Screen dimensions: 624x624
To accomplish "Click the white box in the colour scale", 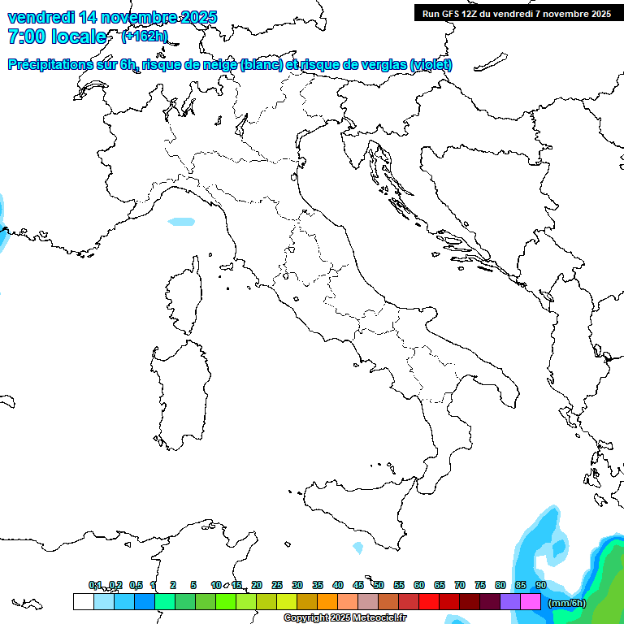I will (83, 601).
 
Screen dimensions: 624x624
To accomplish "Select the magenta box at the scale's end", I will (531, 601).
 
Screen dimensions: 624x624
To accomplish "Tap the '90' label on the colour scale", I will (541, 585).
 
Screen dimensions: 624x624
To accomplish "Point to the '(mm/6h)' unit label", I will (567, 603).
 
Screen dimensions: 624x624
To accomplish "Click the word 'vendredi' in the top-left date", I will (41, 17).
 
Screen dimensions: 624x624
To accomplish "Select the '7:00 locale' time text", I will (57, 37).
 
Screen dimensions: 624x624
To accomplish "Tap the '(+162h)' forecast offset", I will (145, 36).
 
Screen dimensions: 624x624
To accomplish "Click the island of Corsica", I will (186, 296).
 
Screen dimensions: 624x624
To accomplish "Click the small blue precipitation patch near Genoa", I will (181, 221).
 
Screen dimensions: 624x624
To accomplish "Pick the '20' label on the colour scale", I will (257, 585).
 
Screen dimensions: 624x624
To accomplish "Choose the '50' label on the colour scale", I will (379, 585).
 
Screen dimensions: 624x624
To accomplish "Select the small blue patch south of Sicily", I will (357, 548).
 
